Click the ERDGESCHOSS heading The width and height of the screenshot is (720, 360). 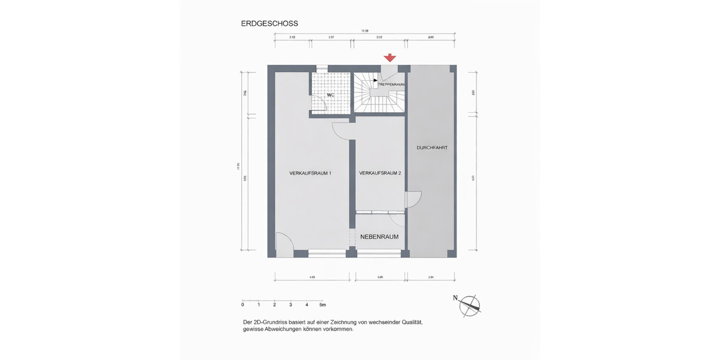click(x=269, y=24)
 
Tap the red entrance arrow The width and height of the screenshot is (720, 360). click(x=390, y=58)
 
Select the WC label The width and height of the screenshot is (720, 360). click(x=331, y=95)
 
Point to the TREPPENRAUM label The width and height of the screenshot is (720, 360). click(x=391, y=85)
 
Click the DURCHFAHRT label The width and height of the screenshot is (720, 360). click(x=432, y=148)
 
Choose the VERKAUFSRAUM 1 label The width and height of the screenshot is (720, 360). click(x=310, y=173)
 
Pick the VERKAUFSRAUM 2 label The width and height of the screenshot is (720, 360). click(x=380, y=173)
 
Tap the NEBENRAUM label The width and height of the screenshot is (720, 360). click(x=379, y=237)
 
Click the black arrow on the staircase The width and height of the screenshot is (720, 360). click(x=375, y=80)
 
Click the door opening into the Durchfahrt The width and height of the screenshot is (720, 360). click(x=415, y=199)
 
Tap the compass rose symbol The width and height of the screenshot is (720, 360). click(x=470, y=305)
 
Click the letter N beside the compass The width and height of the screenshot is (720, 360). click(x=455, y=298)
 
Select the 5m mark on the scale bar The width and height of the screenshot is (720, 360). click(x=322, y=305)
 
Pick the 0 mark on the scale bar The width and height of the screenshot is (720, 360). click(x=242, y=305)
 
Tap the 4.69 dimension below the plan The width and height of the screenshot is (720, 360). click(x=312, y=278)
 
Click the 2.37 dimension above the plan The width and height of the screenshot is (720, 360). click(x=331, y=37)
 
